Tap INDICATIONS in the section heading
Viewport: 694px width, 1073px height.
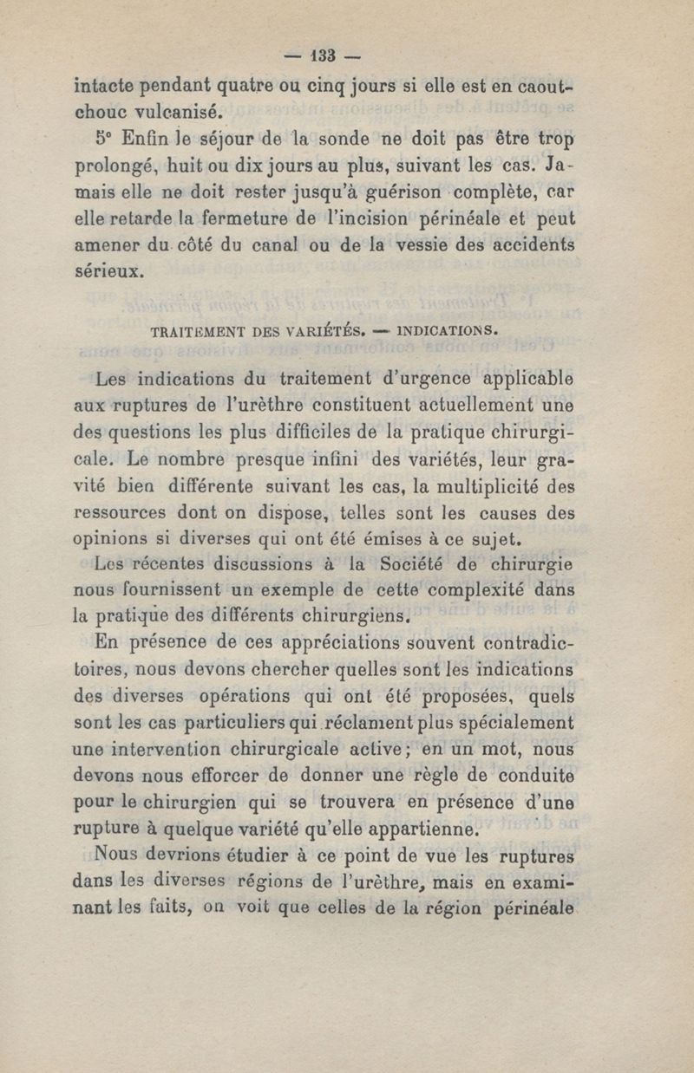[448, 330]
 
